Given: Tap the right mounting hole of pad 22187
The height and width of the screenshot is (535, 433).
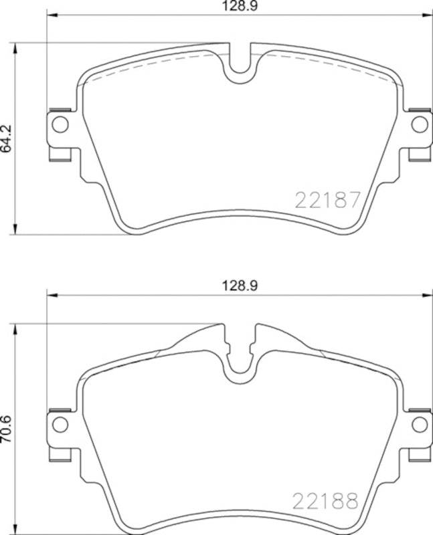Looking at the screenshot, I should click(x=419, y=124).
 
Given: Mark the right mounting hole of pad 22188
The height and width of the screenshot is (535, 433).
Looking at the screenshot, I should click(x=419, y=423).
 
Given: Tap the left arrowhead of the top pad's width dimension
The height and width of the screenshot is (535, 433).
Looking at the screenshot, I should click(x=50, y=15).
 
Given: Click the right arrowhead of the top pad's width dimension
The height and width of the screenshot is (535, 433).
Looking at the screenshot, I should click(x=428, y=15).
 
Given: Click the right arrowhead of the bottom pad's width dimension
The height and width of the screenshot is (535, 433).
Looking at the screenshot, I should click(x=428, y=294).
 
